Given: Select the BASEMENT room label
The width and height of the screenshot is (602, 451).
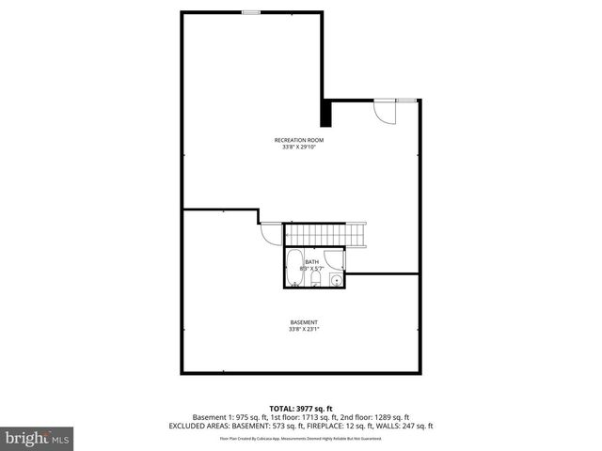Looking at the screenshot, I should point(304,322).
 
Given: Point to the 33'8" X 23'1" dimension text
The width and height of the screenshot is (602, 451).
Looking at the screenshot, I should point(304,329).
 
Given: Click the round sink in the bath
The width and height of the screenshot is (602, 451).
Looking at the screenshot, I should point(336,280).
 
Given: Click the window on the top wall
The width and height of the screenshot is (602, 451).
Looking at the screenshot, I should point(251,12).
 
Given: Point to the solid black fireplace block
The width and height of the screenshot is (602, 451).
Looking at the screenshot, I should point(326,114).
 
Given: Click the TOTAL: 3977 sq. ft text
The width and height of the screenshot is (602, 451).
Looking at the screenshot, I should point(301,408).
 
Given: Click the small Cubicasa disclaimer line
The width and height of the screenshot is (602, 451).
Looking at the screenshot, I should point(301,438).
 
